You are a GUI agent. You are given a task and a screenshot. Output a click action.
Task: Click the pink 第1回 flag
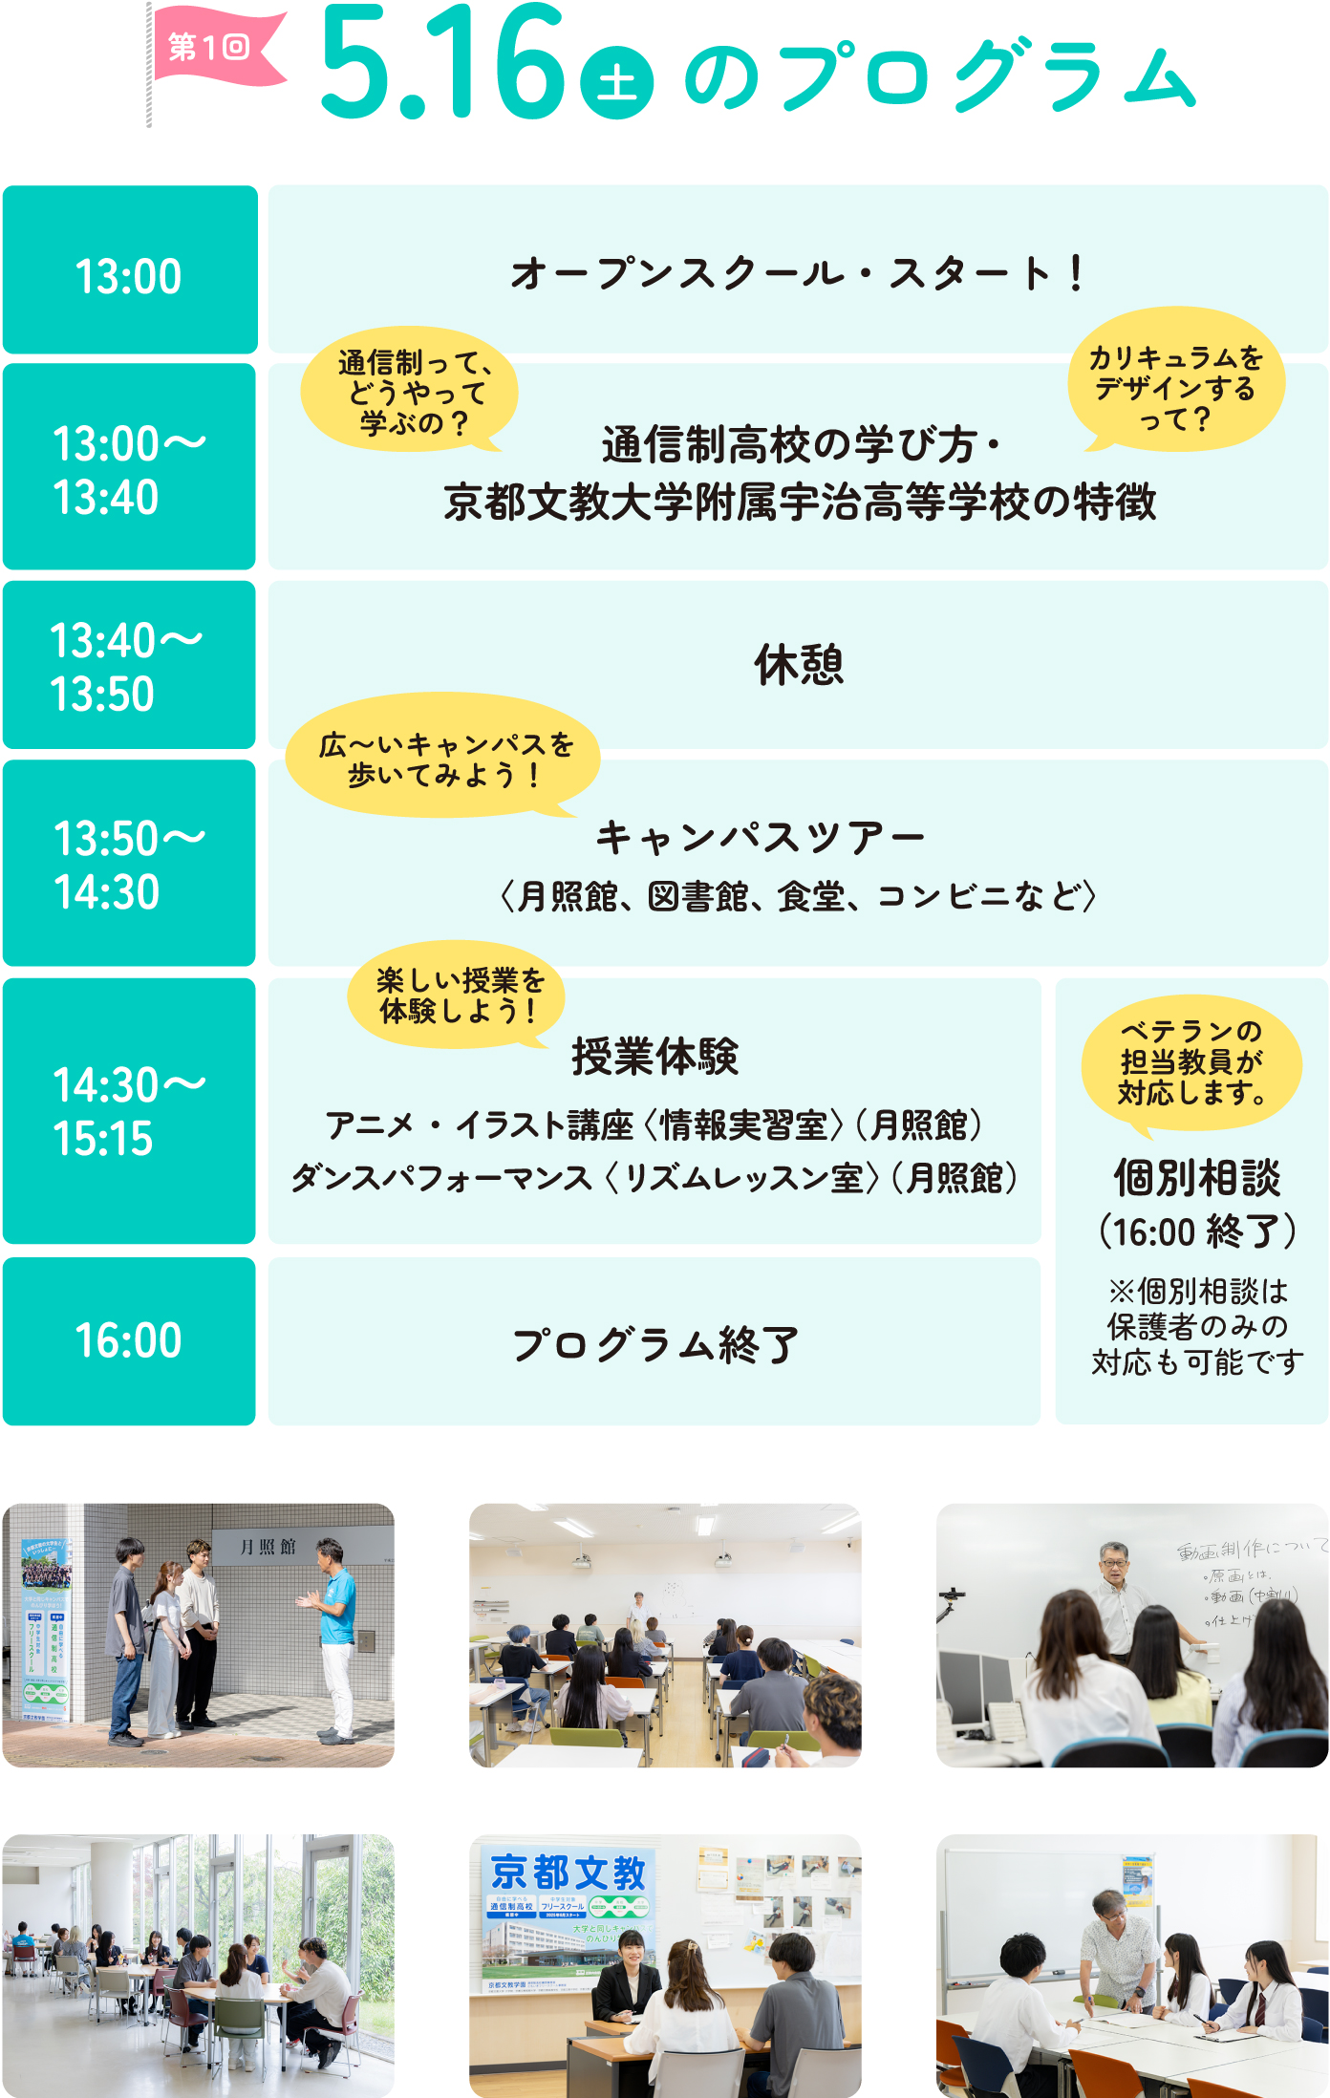215,48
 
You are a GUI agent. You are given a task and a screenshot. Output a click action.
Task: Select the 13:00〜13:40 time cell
129,467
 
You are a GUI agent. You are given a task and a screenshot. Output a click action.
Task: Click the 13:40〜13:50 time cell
129,666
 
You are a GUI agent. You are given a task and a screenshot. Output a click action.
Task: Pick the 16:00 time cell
129,1340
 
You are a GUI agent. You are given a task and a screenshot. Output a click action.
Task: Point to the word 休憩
799,665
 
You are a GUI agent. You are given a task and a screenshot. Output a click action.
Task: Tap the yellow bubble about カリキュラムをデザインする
1175,382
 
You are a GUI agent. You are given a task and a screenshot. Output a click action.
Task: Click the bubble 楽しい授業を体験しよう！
458,995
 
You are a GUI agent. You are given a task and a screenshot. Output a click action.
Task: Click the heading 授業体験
654,1057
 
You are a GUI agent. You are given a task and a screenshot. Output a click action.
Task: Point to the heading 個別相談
1196,1178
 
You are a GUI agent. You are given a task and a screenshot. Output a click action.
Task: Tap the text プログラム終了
654,1344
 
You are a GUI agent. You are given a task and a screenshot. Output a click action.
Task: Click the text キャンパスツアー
760,839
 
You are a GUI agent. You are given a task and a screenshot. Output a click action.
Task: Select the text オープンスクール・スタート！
798,273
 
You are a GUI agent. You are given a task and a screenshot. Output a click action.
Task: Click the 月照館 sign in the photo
268,1547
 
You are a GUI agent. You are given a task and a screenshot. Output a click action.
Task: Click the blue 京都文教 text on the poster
568,1873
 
